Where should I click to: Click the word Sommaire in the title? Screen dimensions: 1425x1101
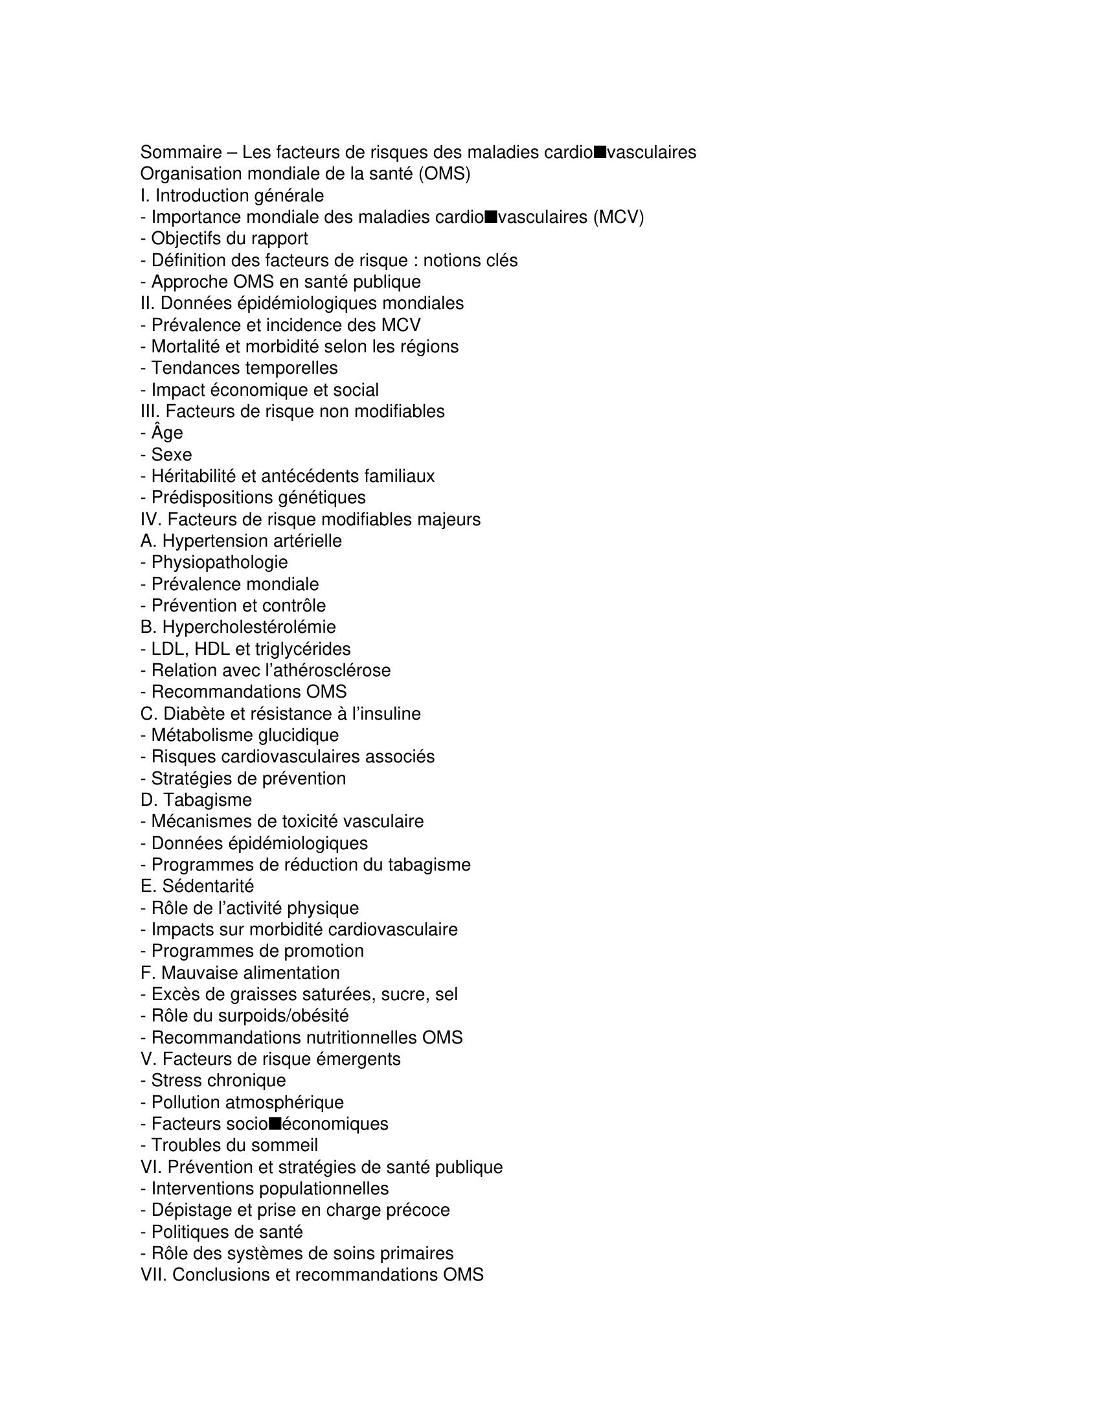coord(181,153)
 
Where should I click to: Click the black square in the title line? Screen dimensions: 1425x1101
coord(600,152)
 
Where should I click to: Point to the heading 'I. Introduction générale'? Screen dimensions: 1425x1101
coord(232,196)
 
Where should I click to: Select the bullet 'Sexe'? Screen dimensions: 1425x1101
coord(172,455)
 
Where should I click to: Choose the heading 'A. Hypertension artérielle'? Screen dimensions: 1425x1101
coord(241,541)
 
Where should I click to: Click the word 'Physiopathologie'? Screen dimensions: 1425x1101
coord(219,562)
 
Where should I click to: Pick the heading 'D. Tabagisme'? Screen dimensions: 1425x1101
coord(196,800)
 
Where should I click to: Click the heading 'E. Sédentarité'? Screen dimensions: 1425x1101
coord(197,886)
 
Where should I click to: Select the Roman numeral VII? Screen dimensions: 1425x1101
coord(153,1274)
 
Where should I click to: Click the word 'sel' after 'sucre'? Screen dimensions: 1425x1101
coord(446,994)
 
